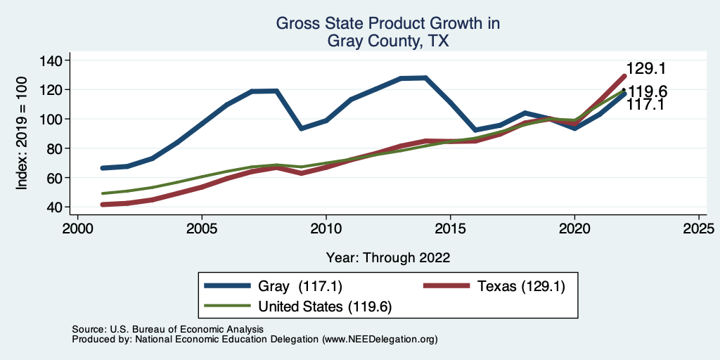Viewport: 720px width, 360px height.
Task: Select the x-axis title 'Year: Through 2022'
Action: [x=388, y=257]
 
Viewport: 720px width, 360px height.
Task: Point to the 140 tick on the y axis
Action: [x=51, y=60]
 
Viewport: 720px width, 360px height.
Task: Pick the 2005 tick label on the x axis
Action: [x=202, y=229]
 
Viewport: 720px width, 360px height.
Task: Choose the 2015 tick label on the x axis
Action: [x=450, y=229]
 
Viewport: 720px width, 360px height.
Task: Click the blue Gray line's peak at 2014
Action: [x=425, y=77]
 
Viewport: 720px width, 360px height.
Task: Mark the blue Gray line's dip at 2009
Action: [x=301, y=129]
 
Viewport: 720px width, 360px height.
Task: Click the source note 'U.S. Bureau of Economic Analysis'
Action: [x=184, y=329]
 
